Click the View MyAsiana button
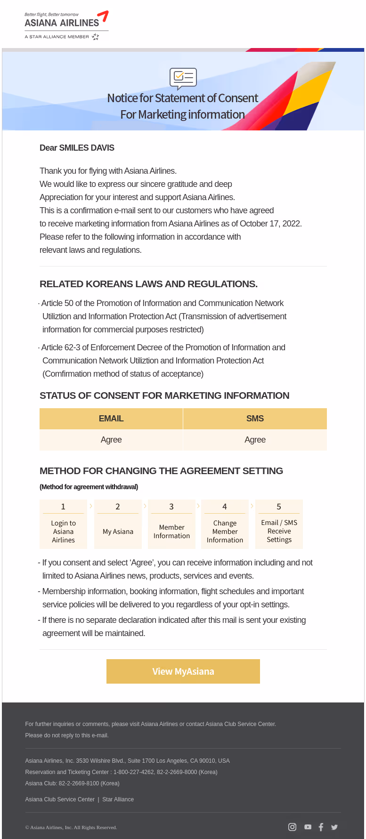pyautogui.click(x=183, y=671)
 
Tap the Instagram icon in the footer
pyautogui.click(x=292, y=827)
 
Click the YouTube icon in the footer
pyautogui.click(x=308, y=827)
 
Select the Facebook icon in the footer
pyautogui.click(x=321, y=827)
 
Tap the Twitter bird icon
pyautogui.click(x=334, y=827)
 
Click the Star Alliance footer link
pyautogui.click(x=118, y=799)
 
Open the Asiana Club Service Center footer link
pyautogui.click(x=60, y=799)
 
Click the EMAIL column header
pyautogui.click(x=111, y=419)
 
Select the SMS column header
pyautogui.click(x=255, y=419)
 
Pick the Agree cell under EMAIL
pyautogui.click(x=111, y=440)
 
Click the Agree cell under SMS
pyautogui.click(x=255, y=440)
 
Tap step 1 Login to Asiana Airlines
pyautogui.click(x=63, y=524)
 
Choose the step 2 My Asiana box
pyautogui.click(x=118, y=524)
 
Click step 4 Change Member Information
pyautogui.click(x=225, y=524)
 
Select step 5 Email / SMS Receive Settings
pyautogui.click(x=279, y=524)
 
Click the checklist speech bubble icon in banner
pyautogui.click(x=183, y=78)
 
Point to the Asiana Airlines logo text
pyautogui.click(x=62, y=23)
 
